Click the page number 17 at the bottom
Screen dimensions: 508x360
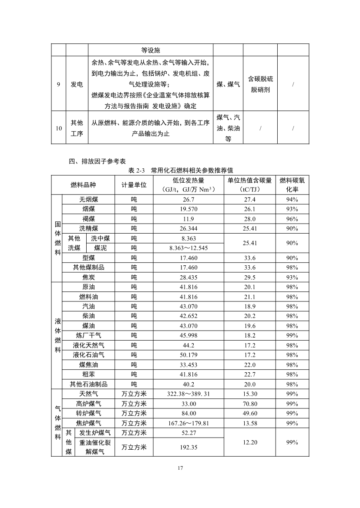click(180, 468)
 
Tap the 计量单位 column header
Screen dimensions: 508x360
click(134, 185)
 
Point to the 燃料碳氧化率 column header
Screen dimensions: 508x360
click(292, 185)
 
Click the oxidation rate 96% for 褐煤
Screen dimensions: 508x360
click(292, 219)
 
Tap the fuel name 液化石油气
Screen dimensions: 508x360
click(89, 355)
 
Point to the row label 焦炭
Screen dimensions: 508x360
click(89, 277)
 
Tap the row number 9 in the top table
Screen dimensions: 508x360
click(58, 84)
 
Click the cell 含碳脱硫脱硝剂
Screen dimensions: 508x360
click(261, 84)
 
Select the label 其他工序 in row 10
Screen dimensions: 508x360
click(77, 128)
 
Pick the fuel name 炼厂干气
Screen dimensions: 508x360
click(89, 335)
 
